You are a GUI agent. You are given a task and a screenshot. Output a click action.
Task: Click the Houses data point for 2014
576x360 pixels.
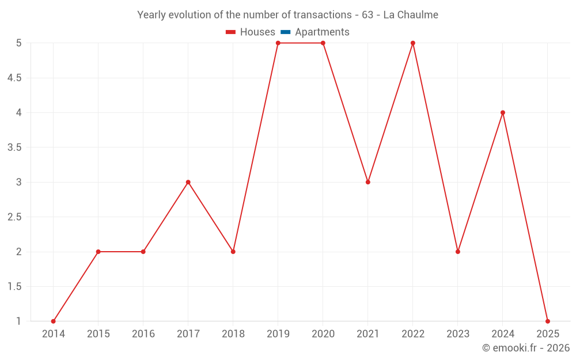click(x=54, y=321)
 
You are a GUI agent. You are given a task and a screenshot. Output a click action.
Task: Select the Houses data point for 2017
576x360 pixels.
click(x=188, y=182)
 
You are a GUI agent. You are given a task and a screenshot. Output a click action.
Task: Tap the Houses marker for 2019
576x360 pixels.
click(x=278, y=43)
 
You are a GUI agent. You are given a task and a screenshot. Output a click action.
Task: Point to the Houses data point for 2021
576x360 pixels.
click(x=368, y=182)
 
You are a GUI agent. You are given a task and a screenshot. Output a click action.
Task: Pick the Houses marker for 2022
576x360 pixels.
click(x=413, y=43)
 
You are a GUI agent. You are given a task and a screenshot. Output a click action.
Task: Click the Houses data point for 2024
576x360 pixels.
click(x=503, y=112)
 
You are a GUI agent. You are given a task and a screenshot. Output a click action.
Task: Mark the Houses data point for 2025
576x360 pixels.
click(x=548, y=321)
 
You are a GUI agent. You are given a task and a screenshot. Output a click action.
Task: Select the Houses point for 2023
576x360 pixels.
click(x=458, y=252)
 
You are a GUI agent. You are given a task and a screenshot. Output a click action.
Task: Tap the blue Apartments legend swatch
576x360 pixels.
click(x=286, y=32)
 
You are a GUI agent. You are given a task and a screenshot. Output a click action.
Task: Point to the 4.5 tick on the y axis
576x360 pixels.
click(x=14, y=78)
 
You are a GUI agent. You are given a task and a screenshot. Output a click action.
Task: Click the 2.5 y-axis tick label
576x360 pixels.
click(x=14, y=217)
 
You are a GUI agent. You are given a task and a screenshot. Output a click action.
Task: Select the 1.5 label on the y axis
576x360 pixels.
click(x=14, y=287)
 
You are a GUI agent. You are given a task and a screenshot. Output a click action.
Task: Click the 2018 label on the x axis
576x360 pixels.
click(x=233, y=334)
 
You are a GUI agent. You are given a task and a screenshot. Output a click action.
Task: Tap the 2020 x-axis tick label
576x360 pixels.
click(x=323, y=334)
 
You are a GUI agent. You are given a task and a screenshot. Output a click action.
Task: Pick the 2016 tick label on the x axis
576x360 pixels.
click(x=143, y=334)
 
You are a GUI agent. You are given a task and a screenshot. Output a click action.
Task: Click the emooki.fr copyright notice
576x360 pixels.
click(x=526, y=348)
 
